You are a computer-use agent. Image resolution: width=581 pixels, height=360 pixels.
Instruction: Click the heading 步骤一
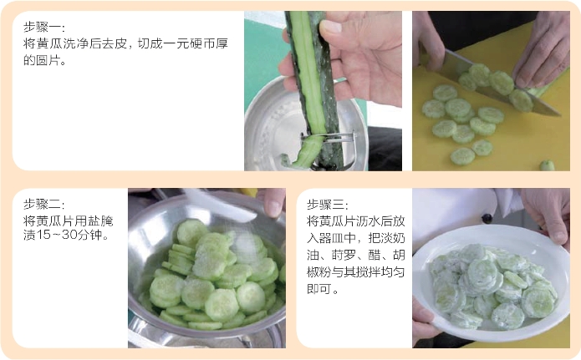point(43,27)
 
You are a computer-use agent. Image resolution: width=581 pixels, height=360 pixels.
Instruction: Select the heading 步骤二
point(43,204)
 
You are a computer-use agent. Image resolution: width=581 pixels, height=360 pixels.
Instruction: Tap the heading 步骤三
point(326,205)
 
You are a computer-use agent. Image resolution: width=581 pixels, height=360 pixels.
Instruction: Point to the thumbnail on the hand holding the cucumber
point(331,27)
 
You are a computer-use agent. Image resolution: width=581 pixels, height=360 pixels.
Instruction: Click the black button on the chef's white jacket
point(487,219)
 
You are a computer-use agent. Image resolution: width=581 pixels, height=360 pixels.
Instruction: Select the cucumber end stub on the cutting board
point(547,165)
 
